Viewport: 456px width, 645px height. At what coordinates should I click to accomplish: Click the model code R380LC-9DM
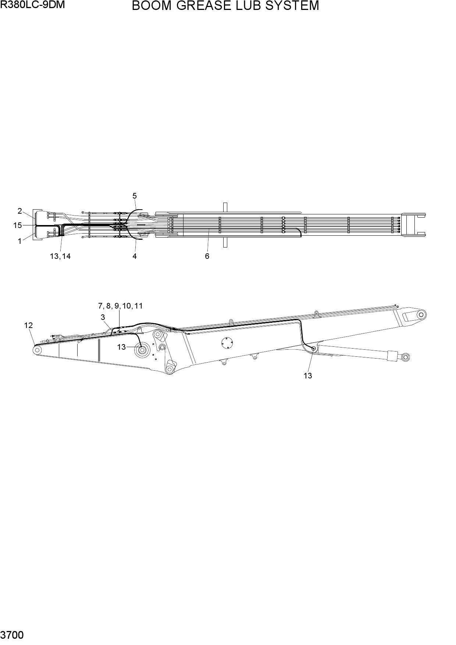(x=32, y=5)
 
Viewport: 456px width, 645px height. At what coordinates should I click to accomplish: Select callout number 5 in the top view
(x=135, y=196)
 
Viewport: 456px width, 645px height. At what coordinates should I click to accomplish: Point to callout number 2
(x=20, y=211)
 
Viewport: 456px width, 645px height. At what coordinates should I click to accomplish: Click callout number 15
(x=18, y=225)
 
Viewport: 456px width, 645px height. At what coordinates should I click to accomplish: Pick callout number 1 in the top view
(x=20, y=242)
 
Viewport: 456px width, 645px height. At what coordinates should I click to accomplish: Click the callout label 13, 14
(x=60, y=256)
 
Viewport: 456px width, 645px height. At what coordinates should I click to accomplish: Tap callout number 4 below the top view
(x=135, y=256)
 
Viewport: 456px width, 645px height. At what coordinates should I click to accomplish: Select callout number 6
(x=207, y=256)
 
